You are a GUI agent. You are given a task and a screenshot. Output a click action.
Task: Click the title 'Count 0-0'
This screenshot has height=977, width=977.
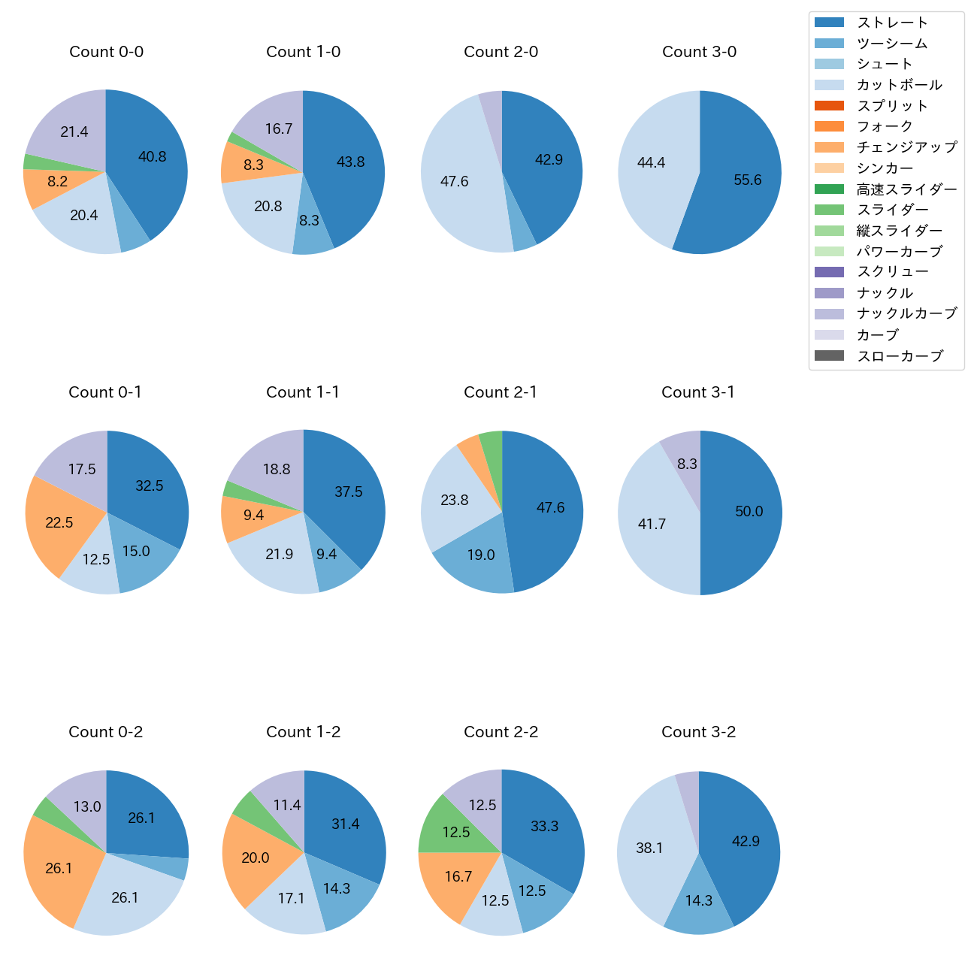point(106,52)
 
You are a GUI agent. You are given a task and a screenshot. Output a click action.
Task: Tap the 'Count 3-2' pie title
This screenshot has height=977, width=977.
point(698,732)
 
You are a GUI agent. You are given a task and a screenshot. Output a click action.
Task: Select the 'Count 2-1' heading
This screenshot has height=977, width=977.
point(501,392)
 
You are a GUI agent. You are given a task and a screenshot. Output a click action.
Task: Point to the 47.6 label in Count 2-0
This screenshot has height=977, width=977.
point(455,181)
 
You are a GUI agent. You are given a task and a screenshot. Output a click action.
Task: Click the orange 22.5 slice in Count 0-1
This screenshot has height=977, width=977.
point(60,522)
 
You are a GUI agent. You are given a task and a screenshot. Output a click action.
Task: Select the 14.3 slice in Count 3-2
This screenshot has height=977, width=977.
point(698,900)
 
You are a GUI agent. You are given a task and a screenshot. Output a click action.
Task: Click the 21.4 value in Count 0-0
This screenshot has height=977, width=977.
point(74,132)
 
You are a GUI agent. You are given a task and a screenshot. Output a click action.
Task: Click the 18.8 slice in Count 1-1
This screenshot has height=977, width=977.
point(277,469)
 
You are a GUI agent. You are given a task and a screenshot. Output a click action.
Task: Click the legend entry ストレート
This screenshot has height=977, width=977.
point(892,23)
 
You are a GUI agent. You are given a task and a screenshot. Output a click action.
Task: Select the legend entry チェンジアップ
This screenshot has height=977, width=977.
point(906,147)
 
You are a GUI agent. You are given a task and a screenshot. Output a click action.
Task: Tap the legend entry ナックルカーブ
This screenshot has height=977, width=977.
point(906,313)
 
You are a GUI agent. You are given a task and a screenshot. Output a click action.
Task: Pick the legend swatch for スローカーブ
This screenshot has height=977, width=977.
point(829,355)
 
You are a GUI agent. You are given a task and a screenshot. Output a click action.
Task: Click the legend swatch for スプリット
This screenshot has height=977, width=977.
point(829,106)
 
